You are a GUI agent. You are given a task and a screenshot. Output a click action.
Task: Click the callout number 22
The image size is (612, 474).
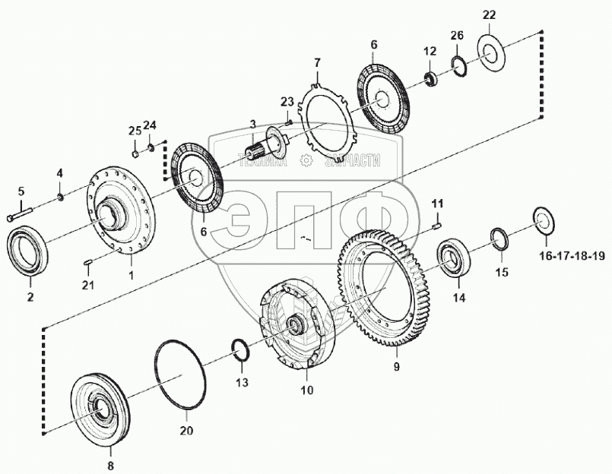point(488,15)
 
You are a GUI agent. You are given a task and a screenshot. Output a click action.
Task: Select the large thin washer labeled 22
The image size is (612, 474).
point(495,52)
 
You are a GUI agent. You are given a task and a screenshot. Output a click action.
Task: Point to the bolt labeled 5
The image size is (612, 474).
point(21,217)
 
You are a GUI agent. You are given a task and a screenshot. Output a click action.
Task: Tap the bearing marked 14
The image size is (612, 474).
point(454,258)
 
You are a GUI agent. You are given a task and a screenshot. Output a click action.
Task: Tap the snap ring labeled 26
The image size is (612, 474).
point(459,64)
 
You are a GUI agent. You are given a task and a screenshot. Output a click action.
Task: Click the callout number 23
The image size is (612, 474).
point(287,102)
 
